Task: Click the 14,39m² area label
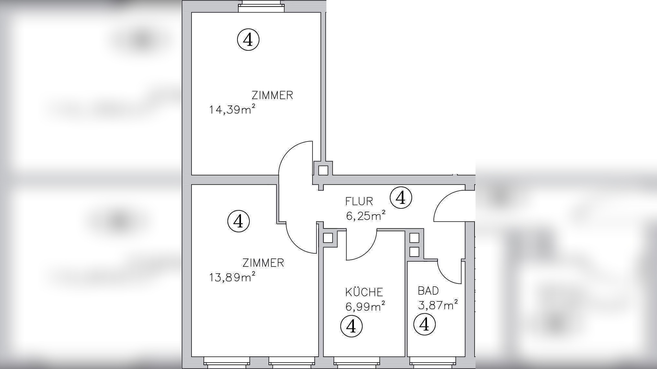[x=232, y=110]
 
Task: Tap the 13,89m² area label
[x=232, y=277]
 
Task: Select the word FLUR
[x=359, y=201]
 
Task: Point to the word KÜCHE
[x=364, y=292]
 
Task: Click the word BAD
[x=428, y=291]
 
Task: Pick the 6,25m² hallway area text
[x=366, y=215]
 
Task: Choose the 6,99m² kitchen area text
[x=365, y=306]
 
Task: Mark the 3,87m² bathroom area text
[x=438, y=305]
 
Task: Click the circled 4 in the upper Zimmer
[x=248, y=40]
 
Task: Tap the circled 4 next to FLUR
[x=401, y=197]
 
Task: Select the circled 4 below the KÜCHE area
[x=351, y=326]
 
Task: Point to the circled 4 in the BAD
[x=424, y=324]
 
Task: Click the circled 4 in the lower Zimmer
[x=238, y=221]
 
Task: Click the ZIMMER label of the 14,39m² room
[x=272, y=95]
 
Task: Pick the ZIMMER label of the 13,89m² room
[x=263, y=263]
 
